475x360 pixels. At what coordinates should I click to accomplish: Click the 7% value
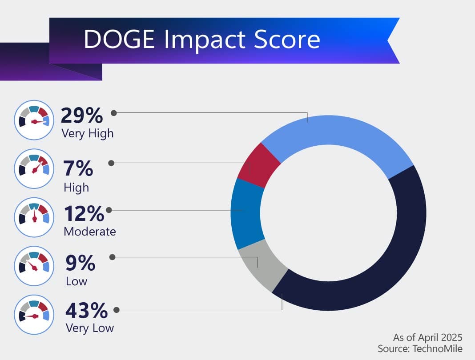click(78, 169)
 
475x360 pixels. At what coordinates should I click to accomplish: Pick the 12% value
click(84, 214)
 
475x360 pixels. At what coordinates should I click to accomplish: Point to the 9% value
click(80, 263)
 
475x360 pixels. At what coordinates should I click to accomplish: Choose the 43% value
click(86, 310)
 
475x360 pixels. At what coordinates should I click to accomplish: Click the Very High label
click(88, 133)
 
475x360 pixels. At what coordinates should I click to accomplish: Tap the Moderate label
click(90, 232)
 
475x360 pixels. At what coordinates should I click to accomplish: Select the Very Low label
click(89, 328)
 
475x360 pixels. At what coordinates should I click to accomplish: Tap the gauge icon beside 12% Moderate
click(34, 217)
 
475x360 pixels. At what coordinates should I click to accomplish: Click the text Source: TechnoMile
click(420, 348)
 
